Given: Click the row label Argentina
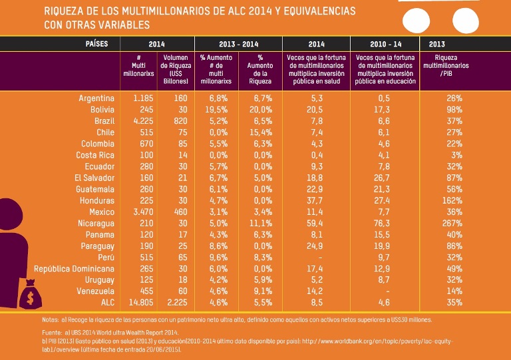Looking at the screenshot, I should [96, 98].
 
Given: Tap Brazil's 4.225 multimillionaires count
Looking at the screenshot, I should [143, 120].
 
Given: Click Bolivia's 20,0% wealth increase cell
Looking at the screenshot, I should [260, 109].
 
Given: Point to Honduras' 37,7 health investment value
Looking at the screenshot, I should [316, 200].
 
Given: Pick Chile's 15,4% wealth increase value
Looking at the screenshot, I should [260, 132].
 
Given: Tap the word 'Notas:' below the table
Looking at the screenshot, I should [49, 319].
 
